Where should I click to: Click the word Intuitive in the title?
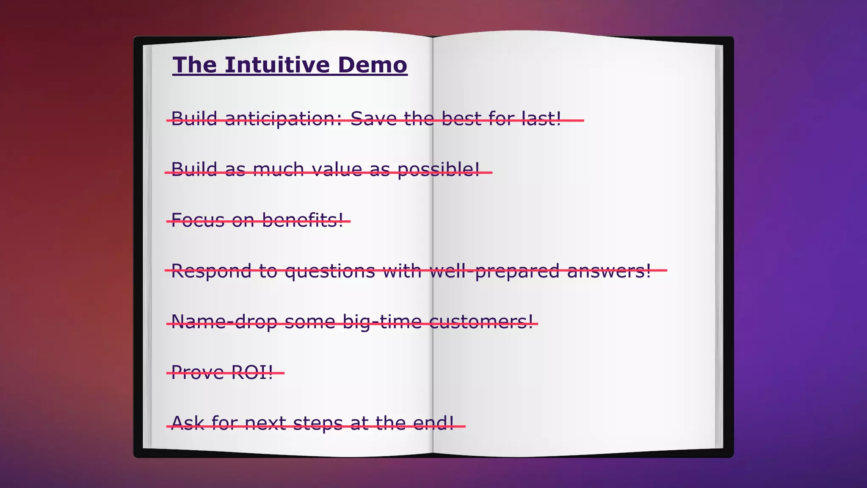tap(277, 65)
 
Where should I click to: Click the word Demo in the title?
tap(372, 65)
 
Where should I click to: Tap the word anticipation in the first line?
tap(283, 119)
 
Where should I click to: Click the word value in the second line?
tap(337, 169)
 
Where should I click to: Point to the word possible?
tap(439, 170)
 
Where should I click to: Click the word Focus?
tap(198, 220)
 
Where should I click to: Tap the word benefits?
tap(303, 220)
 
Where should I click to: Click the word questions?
tap(330, 272)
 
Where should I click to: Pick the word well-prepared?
tap(494, 272)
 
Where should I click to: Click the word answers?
tap(609, 271)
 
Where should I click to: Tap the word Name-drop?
tap(224, 322)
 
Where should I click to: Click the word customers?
tap(481, 322)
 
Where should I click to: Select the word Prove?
tap(197, 372)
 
